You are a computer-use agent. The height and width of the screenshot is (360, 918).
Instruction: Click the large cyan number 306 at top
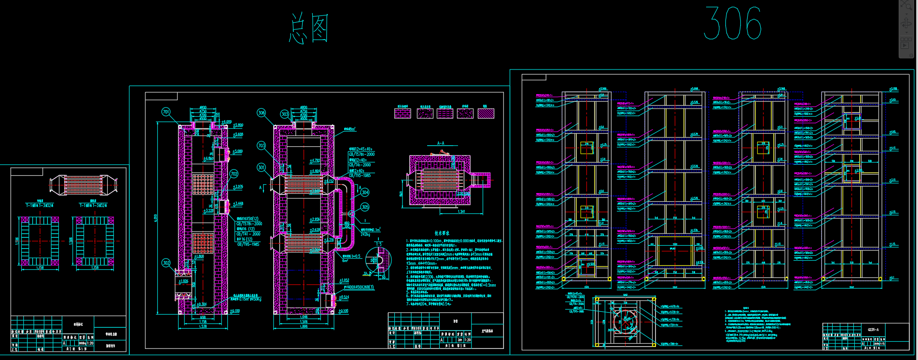pos(732,23)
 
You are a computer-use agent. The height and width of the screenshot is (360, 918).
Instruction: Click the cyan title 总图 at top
pos(309,28)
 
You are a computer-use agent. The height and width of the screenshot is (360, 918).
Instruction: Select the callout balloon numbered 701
pos(166,112)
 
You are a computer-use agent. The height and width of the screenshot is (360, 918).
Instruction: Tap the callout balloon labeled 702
pos(234,174)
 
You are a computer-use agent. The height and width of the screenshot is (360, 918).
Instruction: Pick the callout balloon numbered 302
pos(166,263)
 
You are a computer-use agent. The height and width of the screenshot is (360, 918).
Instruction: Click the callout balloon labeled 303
pos(285,114)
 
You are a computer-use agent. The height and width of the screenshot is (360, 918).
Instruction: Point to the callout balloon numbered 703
pos(262,145)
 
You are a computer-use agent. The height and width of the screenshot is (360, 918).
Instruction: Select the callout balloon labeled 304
pos(365,192)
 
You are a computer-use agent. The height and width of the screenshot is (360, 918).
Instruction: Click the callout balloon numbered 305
pos(365,207)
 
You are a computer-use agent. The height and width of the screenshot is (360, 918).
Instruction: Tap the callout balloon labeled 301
pos(261,167)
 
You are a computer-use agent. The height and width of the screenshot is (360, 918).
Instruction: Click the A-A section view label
pos(440,143)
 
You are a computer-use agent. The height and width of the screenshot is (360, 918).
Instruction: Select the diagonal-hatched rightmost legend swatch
pos(486,113)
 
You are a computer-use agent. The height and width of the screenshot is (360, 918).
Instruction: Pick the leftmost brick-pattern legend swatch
pos(403,113)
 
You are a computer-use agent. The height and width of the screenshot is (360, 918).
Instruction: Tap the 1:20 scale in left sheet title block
pos(90,343)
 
